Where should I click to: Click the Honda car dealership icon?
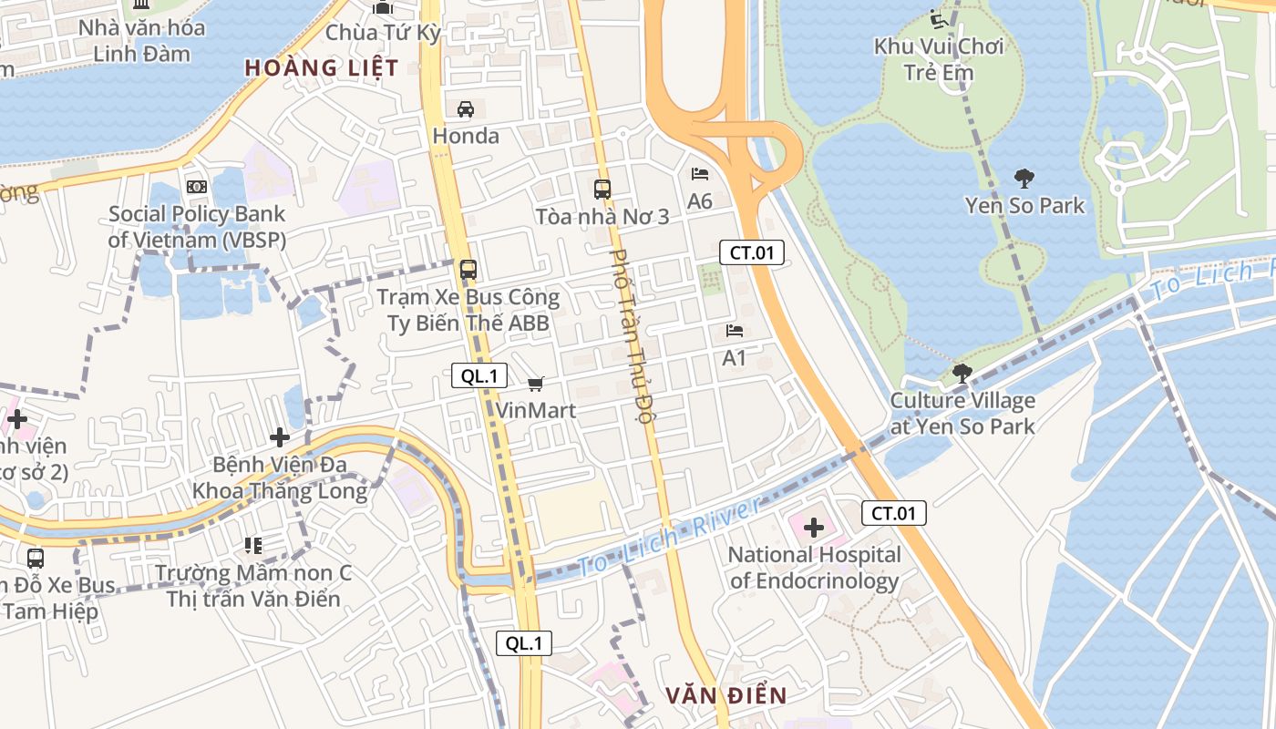pyautogui.click(x=466, y=109)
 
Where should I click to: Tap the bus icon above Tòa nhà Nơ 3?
pyautogui.click(x=602, y=190)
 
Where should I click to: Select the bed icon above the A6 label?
pyautogui.click(x=700, y=173)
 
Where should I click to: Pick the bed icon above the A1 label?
pyautogui.click(x=735, y=330)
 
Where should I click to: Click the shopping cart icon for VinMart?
pyautogui.click(x=536, y=384)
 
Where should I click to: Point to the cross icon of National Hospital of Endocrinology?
pyautogui.click(x=814, y=528)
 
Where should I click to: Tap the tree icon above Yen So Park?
pyautogui.click(x=1024, y=178)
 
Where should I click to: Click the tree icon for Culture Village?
pyautogui.click(x=962, y=373)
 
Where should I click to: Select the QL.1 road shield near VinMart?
pyautogui.click(x=479, y=375)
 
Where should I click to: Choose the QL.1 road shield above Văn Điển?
pyautogui.click(x=524, y=643)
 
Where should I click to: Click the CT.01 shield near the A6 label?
pyautogui.click(x=752, y=252)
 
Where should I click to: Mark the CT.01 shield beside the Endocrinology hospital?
pyautogui.click(x=894, y=513)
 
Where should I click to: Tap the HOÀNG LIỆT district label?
pyautogui.click(x=322, y=67)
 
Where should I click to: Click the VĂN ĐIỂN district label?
pyautogui.click(x=725, y=696)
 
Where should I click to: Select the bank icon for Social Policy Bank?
pyautogui.click(x=197, y=187)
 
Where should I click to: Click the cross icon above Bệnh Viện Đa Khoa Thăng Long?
pyautogui.click(x=280, y=436)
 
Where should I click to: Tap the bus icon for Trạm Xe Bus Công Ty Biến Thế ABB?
pyautogui.click(x=468, y=270)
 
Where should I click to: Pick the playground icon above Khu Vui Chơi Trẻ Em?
pyautogui.click(x=938, y=18)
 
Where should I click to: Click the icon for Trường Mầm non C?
pyautogui.click(x=253, y=546)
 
